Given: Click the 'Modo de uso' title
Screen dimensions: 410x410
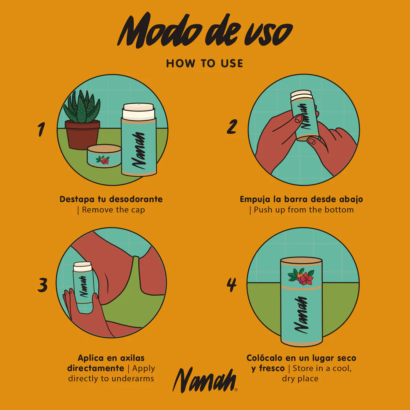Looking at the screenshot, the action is click(205, 32).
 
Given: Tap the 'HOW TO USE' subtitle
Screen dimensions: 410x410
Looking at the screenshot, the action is click(205, 64).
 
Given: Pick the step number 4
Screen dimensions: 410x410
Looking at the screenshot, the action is click(232, 285).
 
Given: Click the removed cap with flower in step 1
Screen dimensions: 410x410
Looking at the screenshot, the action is click(104, 157).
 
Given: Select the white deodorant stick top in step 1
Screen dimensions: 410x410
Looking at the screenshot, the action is click(139, 110).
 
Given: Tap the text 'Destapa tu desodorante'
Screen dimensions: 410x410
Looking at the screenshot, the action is click(111, 199).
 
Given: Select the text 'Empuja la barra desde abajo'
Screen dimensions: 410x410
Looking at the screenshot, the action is click(301, 199).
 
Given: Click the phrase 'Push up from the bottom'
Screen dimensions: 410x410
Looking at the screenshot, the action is click(303, 210).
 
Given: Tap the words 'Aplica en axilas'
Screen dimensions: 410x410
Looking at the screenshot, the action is click(111, 358).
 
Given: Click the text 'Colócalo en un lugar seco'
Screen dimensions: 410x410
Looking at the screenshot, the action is click(301, 358).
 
